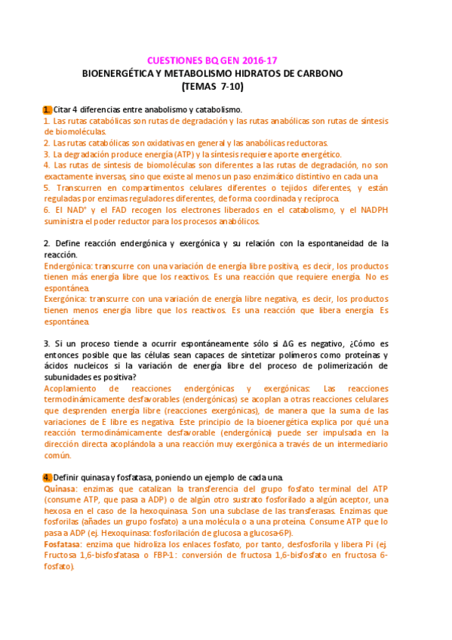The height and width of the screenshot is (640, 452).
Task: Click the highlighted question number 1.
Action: (x=47, y=110)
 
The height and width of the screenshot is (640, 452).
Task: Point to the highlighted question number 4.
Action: (x=47, y=478)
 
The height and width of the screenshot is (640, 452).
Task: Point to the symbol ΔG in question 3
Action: (x=288, y=344)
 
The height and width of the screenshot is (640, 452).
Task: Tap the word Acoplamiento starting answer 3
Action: (x=72, y=389)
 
